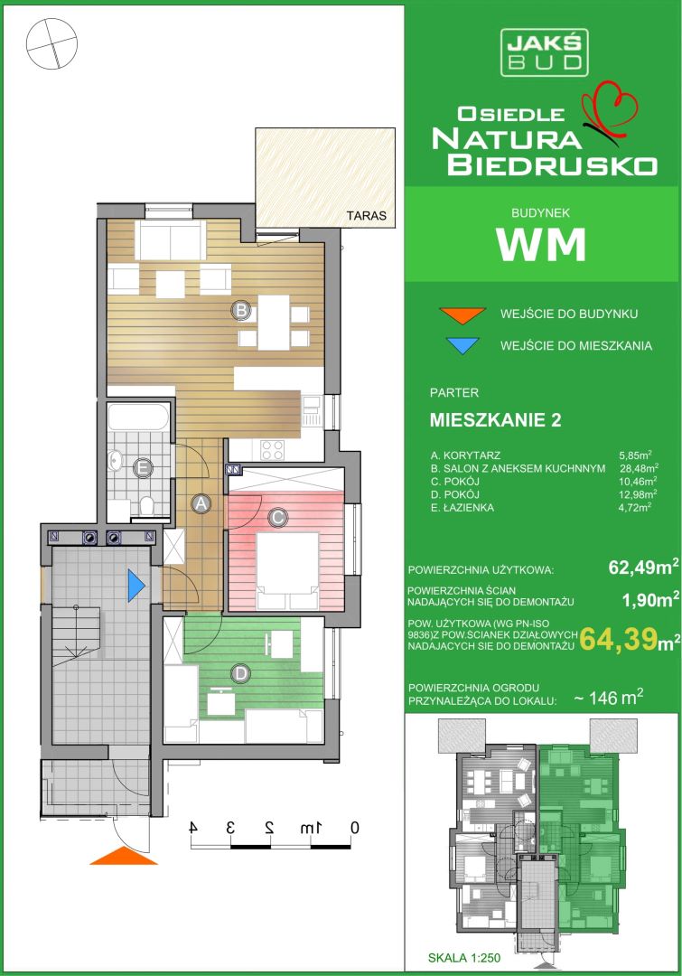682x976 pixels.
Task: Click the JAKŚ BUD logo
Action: pyautogui.click(x=545, y=53)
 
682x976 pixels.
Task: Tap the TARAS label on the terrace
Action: pyautogui.click(x=367, y=216)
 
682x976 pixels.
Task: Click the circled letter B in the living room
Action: pyautogui.click(x=241, y=309)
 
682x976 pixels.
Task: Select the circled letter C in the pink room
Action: pyautogui.click(x=277, y=517)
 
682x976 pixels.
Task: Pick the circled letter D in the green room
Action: pyautogui.click(x=240, y=673)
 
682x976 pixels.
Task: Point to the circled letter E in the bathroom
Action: pyautogui.click(x=144, y=468)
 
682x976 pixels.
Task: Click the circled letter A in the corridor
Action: pyautogui.click(x=201, y=504)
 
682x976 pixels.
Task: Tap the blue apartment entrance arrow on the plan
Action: pyautogui.click(x=136, y=586)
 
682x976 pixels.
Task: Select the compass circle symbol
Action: pyautogui.click(x=52, y=43)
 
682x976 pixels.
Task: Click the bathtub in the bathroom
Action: pyautogui.click(x=138, y=417)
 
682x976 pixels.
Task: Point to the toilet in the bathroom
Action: pyautogui.click(x=147, y=505)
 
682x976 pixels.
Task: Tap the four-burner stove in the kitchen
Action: pyautogui.click(x=272, y=449)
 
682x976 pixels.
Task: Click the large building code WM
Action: pyautogui.click(x=541, y=245)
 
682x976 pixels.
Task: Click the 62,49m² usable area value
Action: pyautogui.click(x=643, y=567)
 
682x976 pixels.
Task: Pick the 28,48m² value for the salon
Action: pyautogui.click(x=639, y=468)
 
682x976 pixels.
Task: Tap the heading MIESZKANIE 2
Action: pyautogui.click(x=495, y=420)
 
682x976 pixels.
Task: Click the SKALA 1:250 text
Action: pyautogui.click(x=464, y=958)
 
